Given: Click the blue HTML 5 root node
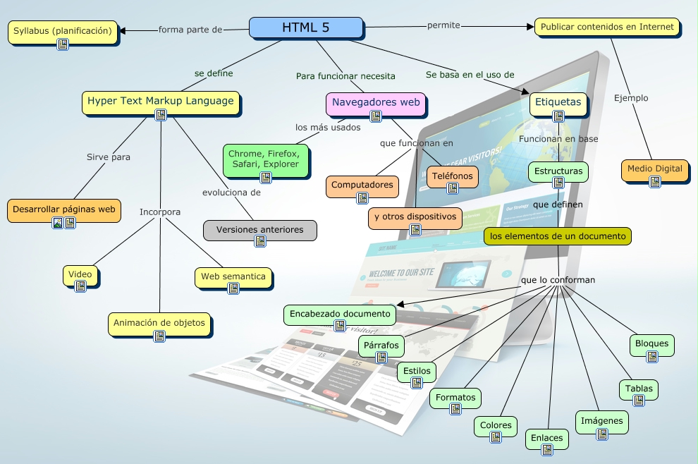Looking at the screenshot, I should point(306,28).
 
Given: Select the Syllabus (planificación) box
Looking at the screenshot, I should point(63,31).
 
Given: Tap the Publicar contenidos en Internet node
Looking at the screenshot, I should point(607,28).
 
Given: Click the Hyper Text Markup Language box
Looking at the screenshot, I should point(161,102).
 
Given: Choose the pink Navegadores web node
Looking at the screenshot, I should point(376,102).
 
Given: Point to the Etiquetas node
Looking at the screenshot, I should point(558,102).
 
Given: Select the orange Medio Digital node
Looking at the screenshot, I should point(654,169).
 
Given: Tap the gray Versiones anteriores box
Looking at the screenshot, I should point(259,230).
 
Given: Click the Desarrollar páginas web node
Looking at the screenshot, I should point(63,209).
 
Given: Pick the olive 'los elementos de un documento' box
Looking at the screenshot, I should point(557,236).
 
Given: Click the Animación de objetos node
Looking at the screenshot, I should point(159,323).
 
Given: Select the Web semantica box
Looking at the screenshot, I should point(233,277).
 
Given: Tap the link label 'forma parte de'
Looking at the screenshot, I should point(190,30).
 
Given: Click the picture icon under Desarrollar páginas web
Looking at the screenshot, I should point(58,223).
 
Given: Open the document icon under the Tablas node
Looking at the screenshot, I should point(639,401).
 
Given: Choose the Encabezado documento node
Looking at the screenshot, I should point(339,314).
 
